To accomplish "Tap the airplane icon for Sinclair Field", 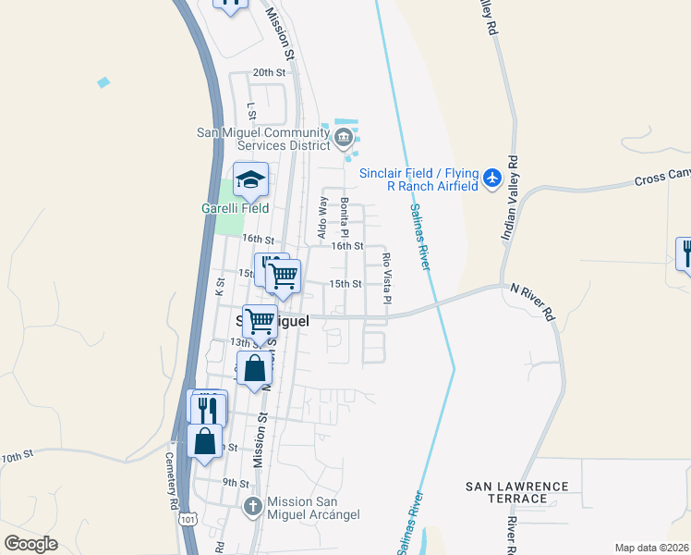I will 492,177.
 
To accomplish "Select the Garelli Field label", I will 235,208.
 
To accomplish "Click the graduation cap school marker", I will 249,181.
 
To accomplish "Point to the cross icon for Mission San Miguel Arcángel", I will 254,507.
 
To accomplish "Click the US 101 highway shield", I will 188,522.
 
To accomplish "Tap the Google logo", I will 30,543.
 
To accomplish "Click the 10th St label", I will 17,456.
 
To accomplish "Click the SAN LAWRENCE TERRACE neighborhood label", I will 516,492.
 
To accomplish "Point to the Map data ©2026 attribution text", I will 651,548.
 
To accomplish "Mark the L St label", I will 250,109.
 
